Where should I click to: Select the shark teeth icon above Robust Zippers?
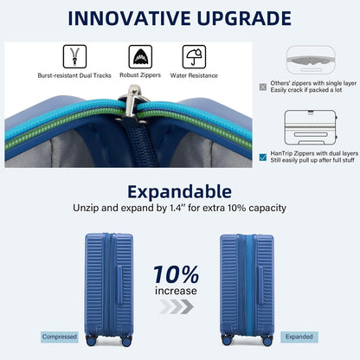coord(139,58)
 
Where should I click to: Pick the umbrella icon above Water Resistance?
coord(193,58)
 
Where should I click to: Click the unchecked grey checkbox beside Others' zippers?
coord(263,86)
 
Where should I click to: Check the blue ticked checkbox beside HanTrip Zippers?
coord(263,157)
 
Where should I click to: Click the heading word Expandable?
coord(179,190)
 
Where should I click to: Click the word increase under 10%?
coord(177,291)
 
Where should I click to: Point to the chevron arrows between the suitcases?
coord(177,306)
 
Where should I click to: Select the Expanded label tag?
coord(299,337)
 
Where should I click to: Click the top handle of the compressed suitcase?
coord(109,233)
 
